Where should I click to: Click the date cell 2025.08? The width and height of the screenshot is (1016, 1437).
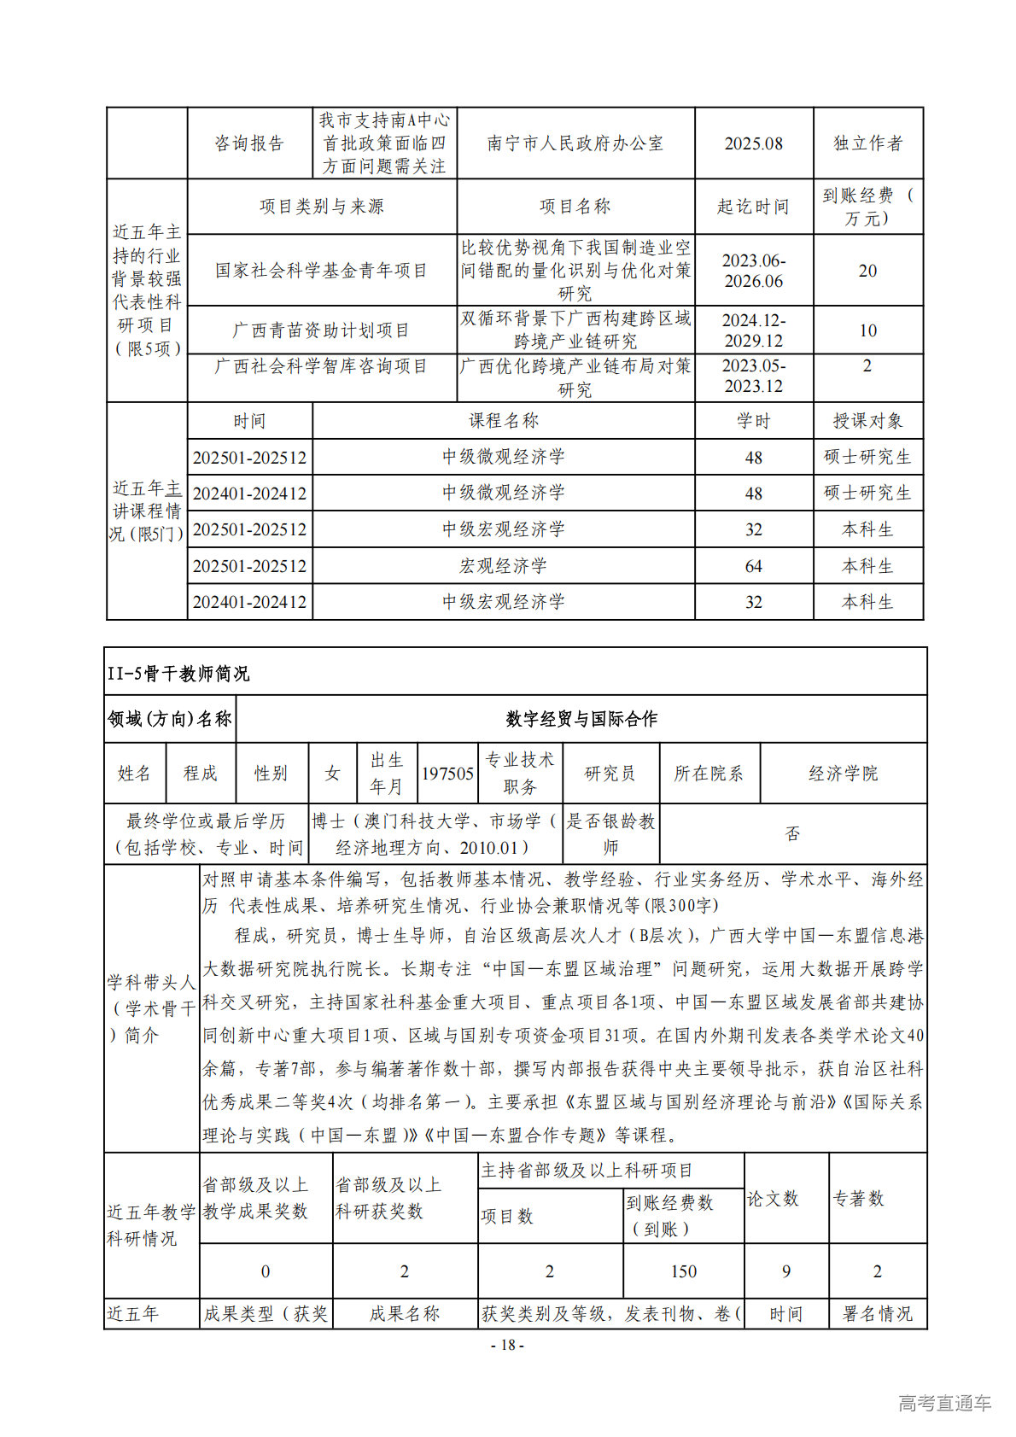[x=753, y=143]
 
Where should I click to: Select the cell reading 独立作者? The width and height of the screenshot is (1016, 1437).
[x=867, y=143]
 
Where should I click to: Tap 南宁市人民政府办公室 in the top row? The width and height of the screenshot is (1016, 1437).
[x=575, y=143]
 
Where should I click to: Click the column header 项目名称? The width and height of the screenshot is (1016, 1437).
[x=575, y=207]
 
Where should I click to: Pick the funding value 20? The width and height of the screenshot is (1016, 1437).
[x=867, y=271]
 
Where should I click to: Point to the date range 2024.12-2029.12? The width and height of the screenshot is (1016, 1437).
[x=753, y=330]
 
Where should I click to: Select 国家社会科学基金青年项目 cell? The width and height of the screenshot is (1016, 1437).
[x=321, y=271]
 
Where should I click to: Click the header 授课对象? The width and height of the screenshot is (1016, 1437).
[x=867, y=421]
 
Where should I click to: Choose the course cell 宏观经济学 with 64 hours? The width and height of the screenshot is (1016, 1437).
[x=503, y=566]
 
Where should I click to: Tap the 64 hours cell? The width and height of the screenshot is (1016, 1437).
[x=753, y=566]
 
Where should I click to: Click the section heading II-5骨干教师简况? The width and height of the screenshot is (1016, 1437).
[x=178, y=674]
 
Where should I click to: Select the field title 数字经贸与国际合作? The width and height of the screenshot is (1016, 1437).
[x=581, y=719]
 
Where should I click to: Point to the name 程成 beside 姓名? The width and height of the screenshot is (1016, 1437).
[x=201, y=774]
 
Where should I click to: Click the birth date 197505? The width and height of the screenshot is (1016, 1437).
[x=447, y=774]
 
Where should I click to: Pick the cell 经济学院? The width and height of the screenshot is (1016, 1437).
[x=843, y=774]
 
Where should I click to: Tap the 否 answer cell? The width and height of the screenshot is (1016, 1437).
[x=792, y=833]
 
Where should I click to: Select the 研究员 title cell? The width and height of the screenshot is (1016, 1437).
[x=610, y=774]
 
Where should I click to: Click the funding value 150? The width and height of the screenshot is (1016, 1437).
[x=683, y=1271]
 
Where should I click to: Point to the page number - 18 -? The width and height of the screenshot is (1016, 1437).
[x=507, y=1345]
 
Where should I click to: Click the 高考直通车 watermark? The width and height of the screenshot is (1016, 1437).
[x=944, y=1403]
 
